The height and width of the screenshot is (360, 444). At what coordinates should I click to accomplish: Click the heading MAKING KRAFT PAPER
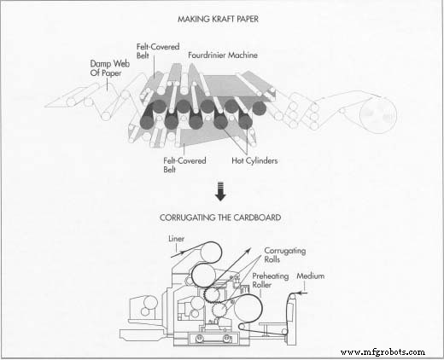(218, 19)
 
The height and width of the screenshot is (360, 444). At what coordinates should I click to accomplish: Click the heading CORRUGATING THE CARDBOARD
(220, 218)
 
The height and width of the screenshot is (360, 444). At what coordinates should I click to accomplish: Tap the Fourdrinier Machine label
(223, 55)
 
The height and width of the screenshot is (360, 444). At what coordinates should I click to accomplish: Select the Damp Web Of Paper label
(110, 68)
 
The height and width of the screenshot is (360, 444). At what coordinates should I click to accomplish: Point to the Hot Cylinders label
(254, 160)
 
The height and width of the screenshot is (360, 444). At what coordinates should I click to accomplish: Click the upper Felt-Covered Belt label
(158, 50)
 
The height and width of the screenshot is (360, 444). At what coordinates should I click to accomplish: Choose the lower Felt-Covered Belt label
(184, 165)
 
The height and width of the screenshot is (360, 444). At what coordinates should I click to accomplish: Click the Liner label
(176, 239)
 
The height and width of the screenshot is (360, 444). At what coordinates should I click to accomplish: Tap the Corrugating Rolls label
(285, 255)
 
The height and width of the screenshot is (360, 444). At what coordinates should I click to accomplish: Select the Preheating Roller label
(271, 281)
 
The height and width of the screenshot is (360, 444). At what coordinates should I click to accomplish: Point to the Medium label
(311, 276)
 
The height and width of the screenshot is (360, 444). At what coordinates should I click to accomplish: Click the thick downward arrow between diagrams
(220, 192)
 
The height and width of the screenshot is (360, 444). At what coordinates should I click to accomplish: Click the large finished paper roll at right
(378, 115)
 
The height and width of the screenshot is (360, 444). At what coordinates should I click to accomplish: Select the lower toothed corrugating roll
(219, 310)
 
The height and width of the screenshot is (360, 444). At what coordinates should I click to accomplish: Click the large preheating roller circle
(248, 308)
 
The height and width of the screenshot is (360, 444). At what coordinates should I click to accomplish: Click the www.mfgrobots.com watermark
(383, 352)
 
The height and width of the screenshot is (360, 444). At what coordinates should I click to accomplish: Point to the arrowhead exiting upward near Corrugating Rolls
(248, 251)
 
